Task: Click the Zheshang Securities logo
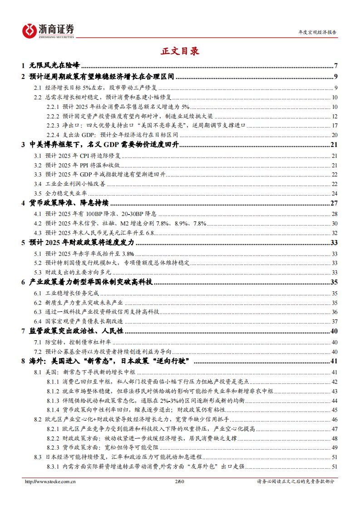coord(48,30)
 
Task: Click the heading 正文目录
coord(180,51)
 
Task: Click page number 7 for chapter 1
coord(335,65)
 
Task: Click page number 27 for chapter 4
coord(334,203)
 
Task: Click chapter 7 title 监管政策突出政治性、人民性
coord(75,331)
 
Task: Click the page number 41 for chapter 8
coord(334,361)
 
